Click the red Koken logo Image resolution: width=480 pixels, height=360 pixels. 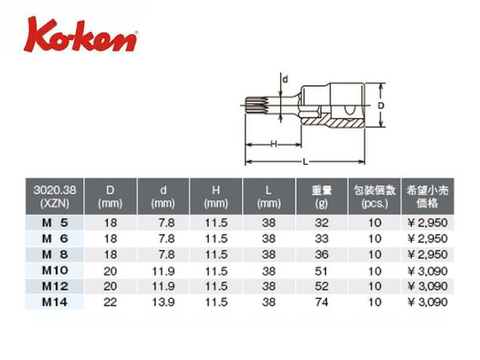coord(81,36)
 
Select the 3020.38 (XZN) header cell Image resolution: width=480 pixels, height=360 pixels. coord(54,197)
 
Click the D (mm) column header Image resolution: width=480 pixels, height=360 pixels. coord(110,197)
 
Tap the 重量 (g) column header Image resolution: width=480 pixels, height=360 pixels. coord(322,197)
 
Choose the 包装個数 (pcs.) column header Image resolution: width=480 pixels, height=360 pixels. coord(374,197)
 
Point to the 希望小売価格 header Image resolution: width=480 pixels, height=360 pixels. coord(427,197)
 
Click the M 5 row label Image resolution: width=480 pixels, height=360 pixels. coord(54,223)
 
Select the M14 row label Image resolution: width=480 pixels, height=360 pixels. coord(54,302)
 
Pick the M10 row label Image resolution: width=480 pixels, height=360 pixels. coord(54,270)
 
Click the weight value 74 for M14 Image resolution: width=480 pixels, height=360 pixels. coord(322,302)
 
